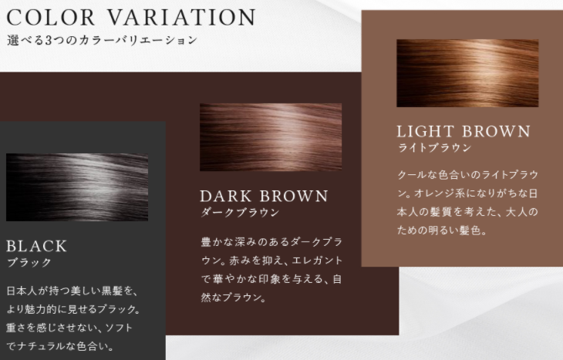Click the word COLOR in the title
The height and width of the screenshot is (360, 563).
(51, 17)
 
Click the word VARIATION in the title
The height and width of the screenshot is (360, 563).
(182, 17)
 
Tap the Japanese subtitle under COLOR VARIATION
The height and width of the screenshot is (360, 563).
(102, 40)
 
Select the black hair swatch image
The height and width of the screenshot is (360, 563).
(77, 187)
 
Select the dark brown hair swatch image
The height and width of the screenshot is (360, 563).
(271, 137)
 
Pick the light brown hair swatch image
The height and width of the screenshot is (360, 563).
(467, 73)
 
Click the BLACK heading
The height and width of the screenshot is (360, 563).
(36, 246)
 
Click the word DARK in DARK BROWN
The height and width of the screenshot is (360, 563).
(226, 197)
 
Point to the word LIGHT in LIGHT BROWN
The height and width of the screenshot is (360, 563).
(425, 131)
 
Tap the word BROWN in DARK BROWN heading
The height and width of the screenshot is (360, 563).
(294, 197)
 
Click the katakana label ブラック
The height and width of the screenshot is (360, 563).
(29, 262)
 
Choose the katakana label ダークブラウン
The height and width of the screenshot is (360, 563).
(240, 212)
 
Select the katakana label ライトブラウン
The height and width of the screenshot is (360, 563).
(434, 147)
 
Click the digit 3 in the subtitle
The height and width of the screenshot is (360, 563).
(49, 40)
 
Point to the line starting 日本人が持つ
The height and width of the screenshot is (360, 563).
(72, 291)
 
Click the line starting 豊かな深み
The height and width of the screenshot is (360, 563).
(271, 242)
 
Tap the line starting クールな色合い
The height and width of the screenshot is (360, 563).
(468, 175)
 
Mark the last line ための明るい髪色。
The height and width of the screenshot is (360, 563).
(442, 230)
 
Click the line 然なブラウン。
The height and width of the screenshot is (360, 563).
(234, 298)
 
